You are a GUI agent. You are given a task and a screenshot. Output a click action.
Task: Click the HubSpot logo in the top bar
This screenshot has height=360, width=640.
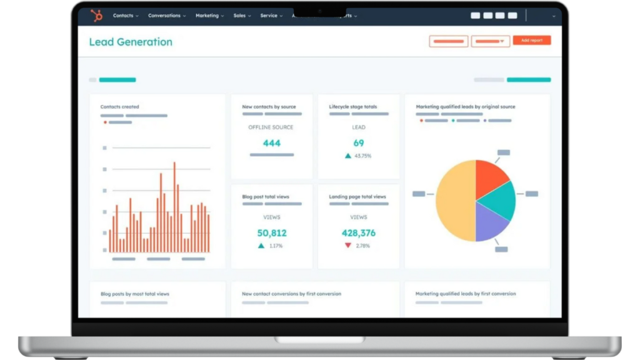[96, 16]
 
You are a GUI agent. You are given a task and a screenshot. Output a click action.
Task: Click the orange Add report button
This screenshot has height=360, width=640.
[532, 41]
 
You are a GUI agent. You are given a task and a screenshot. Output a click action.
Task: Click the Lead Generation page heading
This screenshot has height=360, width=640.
[131, 42]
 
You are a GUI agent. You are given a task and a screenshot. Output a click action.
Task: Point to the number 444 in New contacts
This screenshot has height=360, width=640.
[271, 143]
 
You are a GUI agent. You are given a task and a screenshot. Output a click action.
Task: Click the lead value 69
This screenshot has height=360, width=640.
[359, 143]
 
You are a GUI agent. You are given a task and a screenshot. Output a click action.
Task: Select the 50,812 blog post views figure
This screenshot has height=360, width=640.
[271, 233]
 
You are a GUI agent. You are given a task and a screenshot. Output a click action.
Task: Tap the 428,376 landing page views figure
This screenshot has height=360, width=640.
[359, 233]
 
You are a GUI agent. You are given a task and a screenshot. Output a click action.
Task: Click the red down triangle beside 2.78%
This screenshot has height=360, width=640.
[348, 246]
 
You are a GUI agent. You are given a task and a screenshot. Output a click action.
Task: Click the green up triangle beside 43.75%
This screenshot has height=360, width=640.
[348, 156]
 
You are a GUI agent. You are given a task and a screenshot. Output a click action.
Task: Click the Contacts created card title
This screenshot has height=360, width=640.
[120, 107]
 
